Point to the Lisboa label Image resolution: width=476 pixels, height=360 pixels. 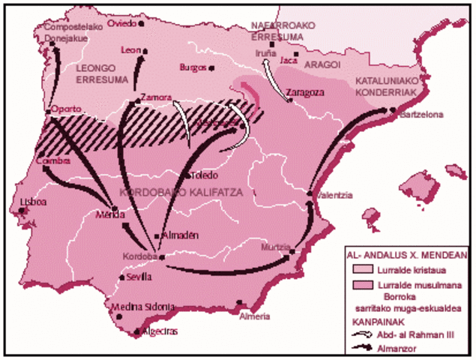tap(34, 202)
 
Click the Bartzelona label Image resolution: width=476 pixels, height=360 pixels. tap(422, 115)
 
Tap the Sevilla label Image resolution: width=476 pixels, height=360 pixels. tap(139, 276)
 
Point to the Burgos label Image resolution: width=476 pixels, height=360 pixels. tap(193, 67)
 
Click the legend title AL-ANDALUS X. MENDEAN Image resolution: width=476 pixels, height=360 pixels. tap(408, 255)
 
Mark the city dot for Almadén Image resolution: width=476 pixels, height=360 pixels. tap(157, 235)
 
